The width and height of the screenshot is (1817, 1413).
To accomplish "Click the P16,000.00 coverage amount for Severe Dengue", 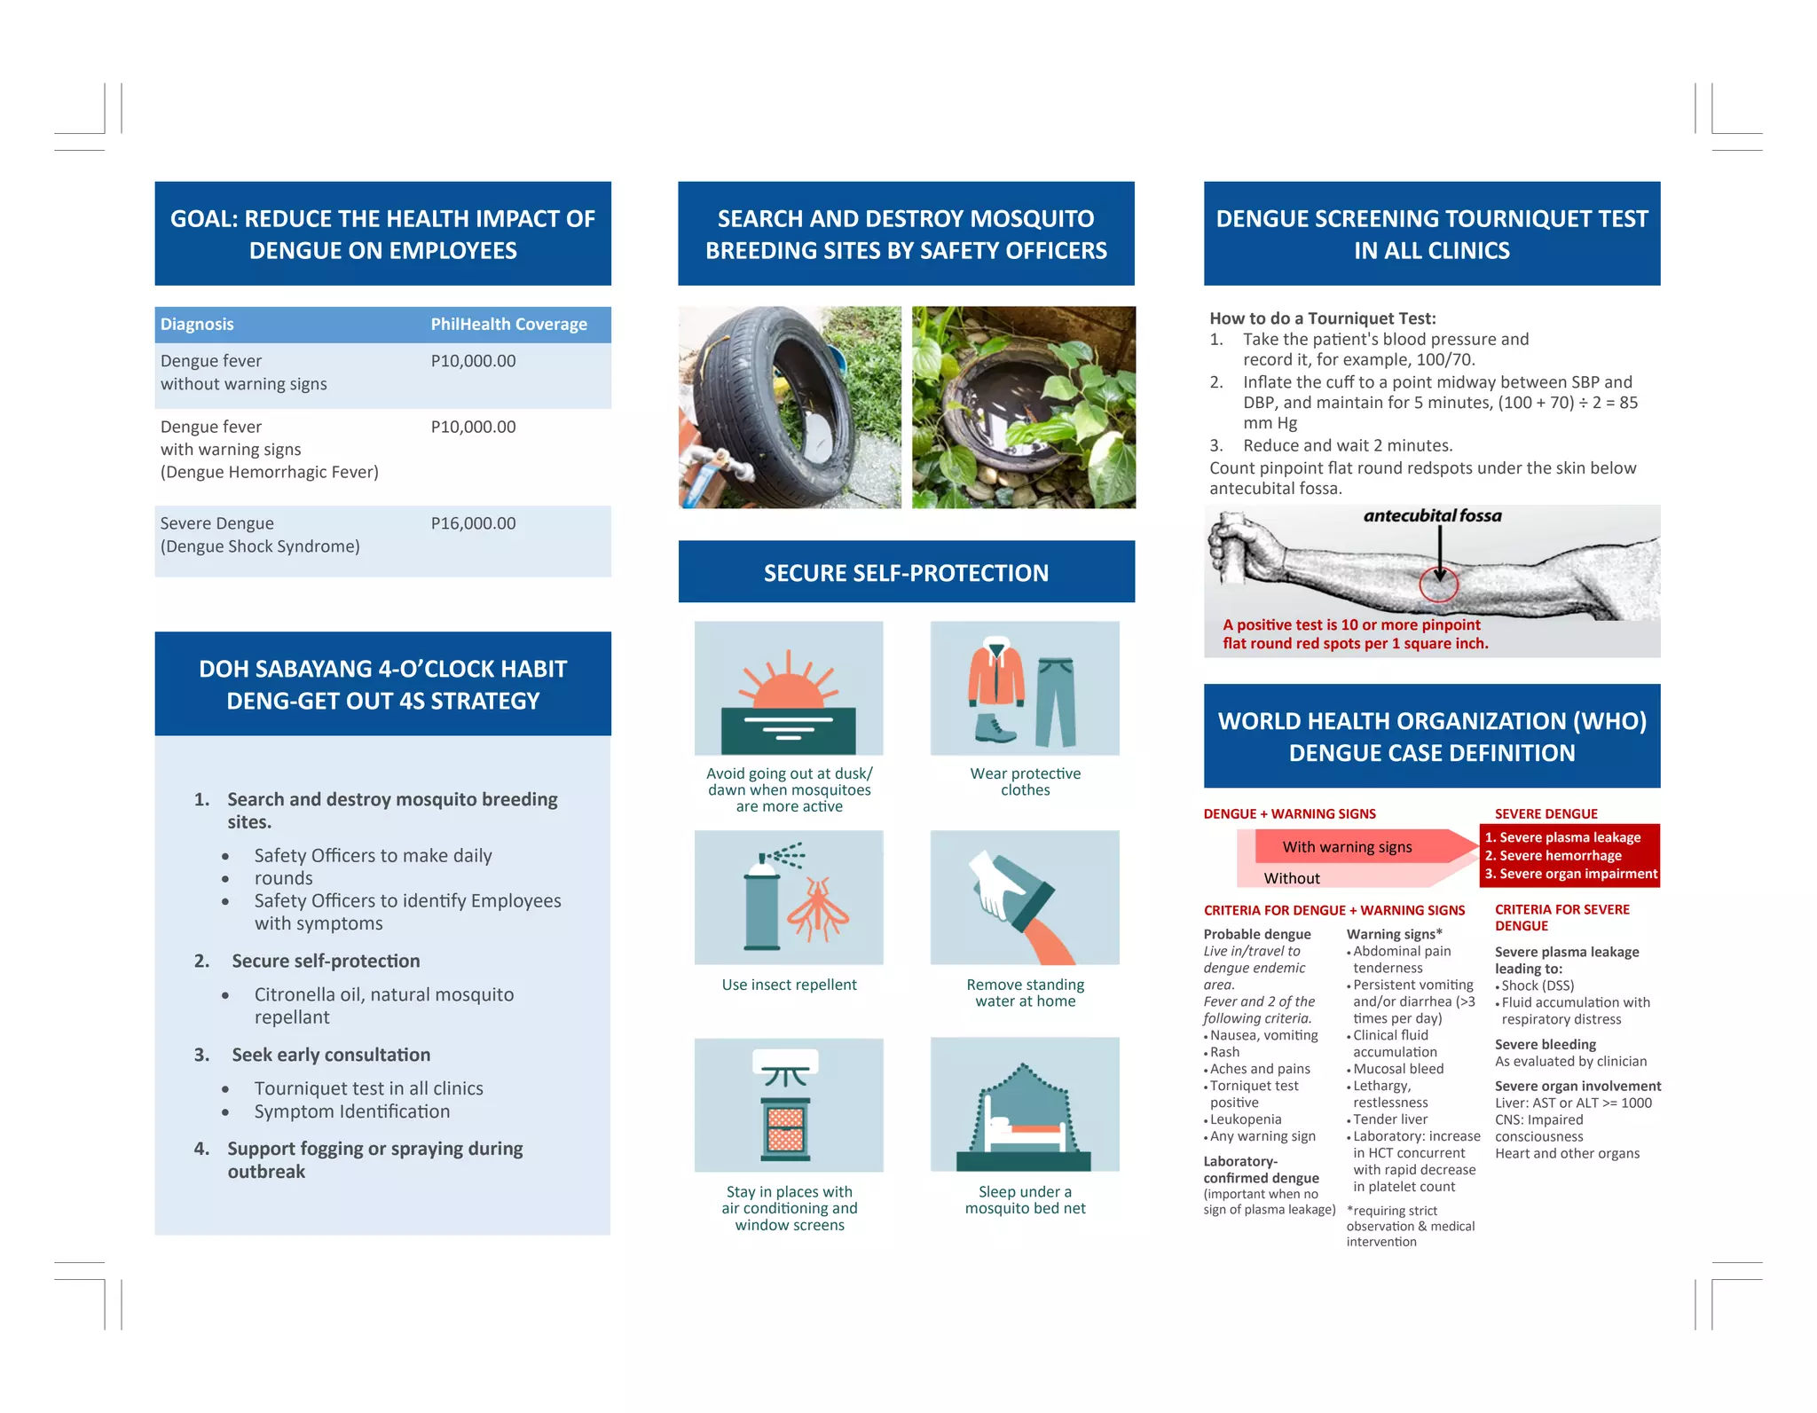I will click(473, 523).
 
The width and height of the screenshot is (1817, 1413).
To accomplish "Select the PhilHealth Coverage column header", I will click(508, 325).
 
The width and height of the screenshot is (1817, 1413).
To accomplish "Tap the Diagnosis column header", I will click(197, 325).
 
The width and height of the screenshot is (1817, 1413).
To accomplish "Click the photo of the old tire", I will click(789, 407).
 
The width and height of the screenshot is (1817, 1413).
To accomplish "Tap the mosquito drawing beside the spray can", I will click(818, 909).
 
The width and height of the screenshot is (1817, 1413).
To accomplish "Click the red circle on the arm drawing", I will click(1438, 584).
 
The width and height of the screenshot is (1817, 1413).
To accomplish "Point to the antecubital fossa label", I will click(1432, 516).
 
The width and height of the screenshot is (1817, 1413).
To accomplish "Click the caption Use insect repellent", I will click(789, 985).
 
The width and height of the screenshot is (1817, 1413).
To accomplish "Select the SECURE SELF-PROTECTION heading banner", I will click(906, 573).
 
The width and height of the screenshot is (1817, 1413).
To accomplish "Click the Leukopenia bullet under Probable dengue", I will click(1245, 1119).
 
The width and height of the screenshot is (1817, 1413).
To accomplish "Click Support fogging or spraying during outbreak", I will click(374, 1159).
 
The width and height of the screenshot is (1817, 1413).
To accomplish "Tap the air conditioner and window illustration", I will click(789, 1105).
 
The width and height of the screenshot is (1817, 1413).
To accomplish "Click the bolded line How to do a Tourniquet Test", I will click(1322, 318).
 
